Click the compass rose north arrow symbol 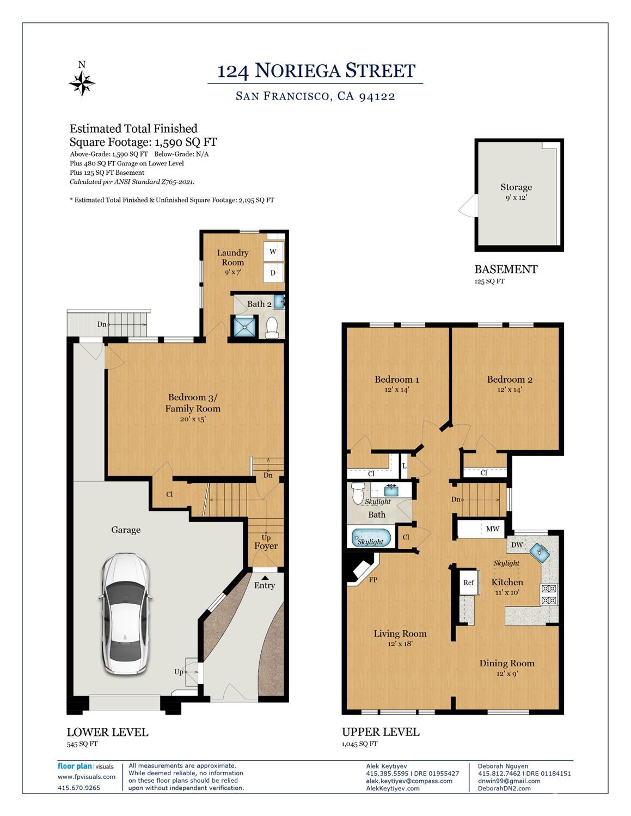click(x=82, y=83)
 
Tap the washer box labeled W click(x=273, y=251)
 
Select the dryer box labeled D click(x=273, y=273)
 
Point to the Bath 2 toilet click(x=271, y=328)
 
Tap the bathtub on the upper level click(x=371, y=538)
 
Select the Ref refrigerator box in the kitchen click(x=469, y=582)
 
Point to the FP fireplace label click(x=373, y=580)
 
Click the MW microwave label click(x=492, y=529)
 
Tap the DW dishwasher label click(x=517, y=544)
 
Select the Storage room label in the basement click(x=516, y=187)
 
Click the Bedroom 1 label click(x=397, y=379)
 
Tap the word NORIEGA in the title click(x=297, y=71)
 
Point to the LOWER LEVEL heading click(x=107, y=732)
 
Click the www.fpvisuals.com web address click(x=87, y=777)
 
